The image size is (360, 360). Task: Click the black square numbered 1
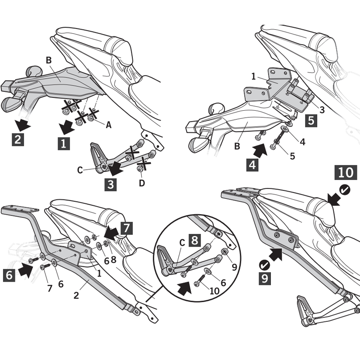pos(63,144)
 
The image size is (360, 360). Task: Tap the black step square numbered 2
pos(17,139)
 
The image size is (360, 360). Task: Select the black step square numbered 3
pos(111,184)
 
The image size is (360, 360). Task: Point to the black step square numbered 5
pos(311,121)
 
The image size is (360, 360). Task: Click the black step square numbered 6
pos(10,275)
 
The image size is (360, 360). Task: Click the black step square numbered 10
pos(345,172)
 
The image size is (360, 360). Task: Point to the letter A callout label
pos(108,125)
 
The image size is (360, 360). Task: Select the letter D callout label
pos(142,183)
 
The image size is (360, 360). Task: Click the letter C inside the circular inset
pos(183,241)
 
